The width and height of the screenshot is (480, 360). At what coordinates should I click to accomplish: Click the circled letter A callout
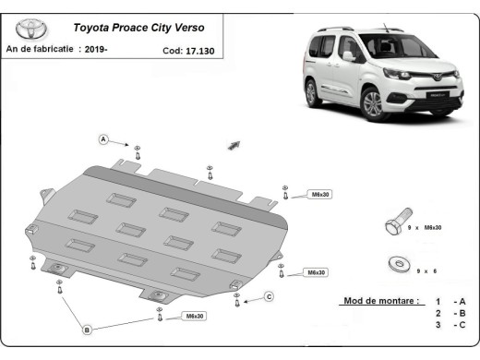click(104, 139)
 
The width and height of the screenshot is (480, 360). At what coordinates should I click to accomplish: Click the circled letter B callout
click(87, 330)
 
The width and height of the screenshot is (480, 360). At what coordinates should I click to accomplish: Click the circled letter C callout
click(269, 296)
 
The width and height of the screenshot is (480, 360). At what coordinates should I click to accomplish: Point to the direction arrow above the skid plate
click(234, 144)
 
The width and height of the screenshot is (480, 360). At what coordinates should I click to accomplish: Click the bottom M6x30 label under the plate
click(195, 317)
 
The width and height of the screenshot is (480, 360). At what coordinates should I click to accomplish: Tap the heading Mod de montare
click(379, 302)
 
